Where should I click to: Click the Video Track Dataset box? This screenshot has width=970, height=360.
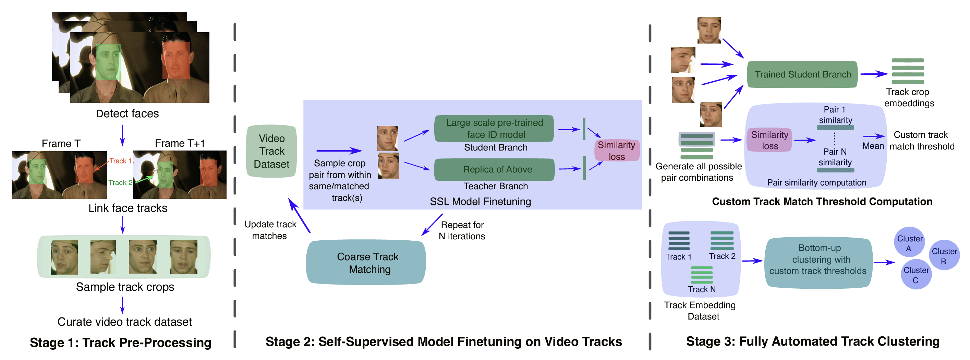click(271, 151)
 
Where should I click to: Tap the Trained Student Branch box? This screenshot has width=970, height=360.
click(802, 74)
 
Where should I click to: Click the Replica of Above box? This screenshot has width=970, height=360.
click(494, 169)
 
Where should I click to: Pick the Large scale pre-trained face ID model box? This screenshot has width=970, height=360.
click(494, 129)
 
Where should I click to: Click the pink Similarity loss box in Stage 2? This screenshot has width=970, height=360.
click(616, 151)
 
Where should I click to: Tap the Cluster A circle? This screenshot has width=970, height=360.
click(909, 242)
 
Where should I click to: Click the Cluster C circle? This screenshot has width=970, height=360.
click(916, 274)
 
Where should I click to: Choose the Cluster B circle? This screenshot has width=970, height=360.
click(944, 255)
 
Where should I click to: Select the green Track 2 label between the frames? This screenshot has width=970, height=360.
click(120, 182)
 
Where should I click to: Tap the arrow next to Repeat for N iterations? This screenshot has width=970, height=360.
click(432, 225)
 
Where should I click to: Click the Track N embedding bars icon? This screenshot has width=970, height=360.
click(702, 275)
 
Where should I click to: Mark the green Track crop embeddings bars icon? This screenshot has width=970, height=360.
click(908, 71)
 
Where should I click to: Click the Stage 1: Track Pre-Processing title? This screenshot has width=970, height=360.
click(121, 342)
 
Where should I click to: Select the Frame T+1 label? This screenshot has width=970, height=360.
click(180, 143)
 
